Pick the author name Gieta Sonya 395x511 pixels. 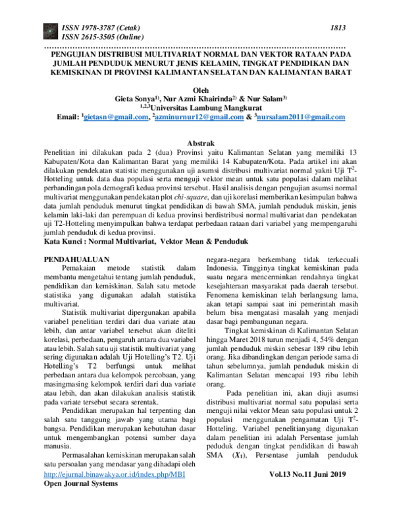139,99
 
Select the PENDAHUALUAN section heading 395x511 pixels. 83,260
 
